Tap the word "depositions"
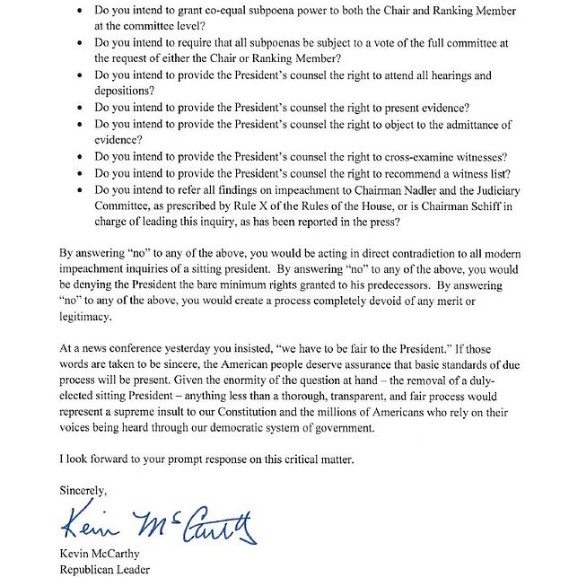124,91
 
